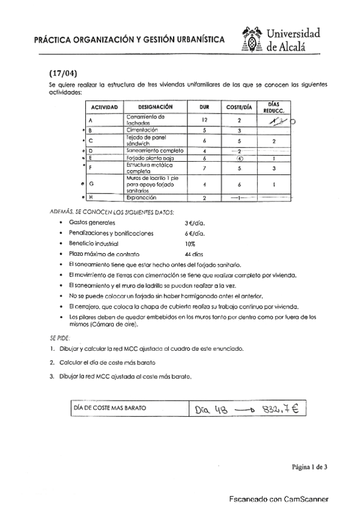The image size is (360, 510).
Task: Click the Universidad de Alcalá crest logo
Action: coord(252,40)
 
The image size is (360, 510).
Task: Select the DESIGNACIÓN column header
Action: coord(147,106)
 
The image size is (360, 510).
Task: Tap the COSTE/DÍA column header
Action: coord(239,106)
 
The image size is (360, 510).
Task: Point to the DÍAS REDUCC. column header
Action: coord(273,106)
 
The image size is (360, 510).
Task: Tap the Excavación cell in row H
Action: coord(142,197)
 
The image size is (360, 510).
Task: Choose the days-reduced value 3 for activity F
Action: coord(273,169)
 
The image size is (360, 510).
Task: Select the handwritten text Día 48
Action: coord(212,410)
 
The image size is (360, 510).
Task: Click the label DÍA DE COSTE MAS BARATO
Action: coord(109,408)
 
